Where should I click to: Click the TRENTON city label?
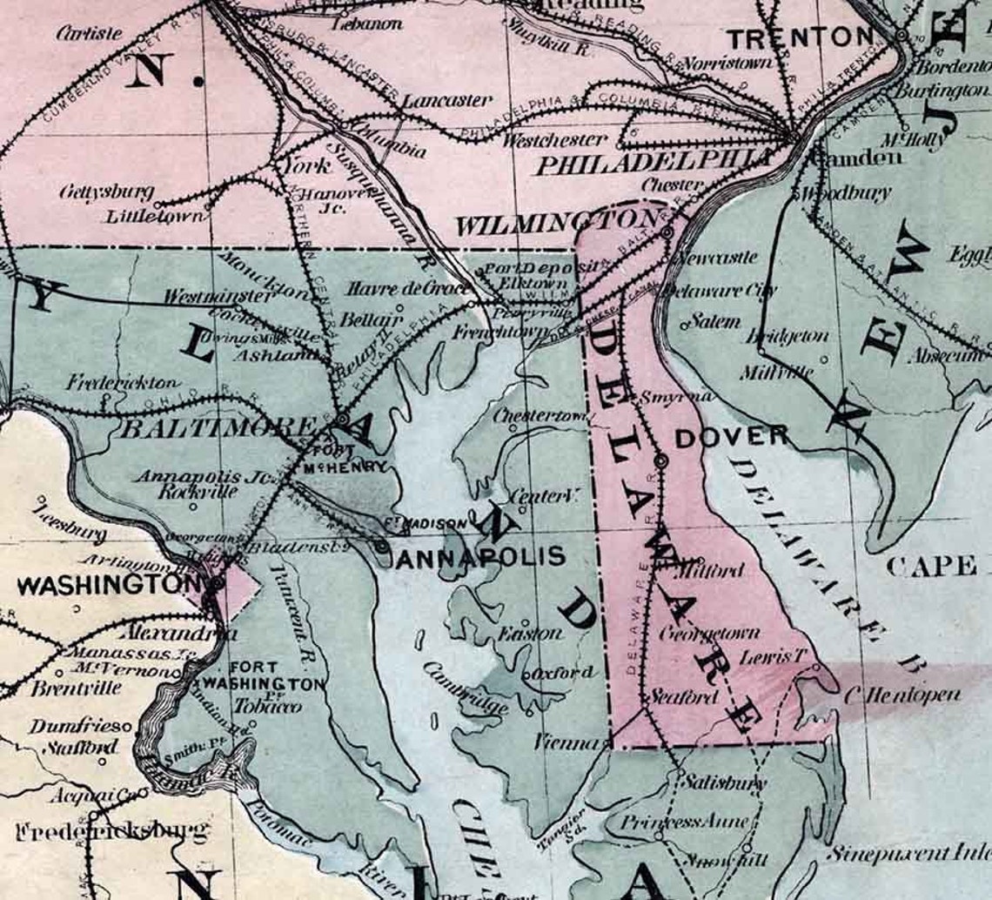800,37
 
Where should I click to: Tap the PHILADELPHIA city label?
653,163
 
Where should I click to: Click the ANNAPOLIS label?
480,556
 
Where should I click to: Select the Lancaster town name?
446,100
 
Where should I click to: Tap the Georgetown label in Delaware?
709,633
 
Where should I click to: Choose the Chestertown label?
540,416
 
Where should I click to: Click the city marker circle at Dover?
661,460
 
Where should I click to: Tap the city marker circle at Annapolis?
383,546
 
